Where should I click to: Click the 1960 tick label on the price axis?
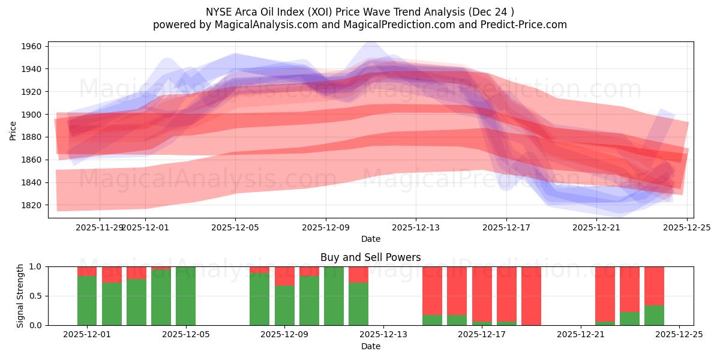tap(31, 46)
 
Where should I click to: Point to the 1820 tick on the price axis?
tap(31, 205)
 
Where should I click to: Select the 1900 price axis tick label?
tap(31, 115)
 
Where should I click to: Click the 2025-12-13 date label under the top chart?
tap(416, 228)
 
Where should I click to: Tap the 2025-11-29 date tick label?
tap(100, 228)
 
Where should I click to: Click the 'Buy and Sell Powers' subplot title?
tap(370, 257)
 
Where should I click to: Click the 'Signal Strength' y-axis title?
tap(20, 295)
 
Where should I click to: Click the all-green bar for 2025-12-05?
tap(185, 296)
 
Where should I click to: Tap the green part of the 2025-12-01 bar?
tap(87, 300)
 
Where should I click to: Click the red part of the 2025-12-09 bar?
tap(284, 276)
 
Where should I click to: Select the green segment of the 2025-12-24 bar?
tap(654, 315)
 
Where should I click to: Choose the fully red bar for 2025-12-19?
tap(531, 296)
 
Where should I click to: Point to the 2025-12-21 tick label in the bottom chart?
tap(581, 335)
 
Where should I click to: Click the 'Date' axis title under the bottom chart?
tap(370, 346)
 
